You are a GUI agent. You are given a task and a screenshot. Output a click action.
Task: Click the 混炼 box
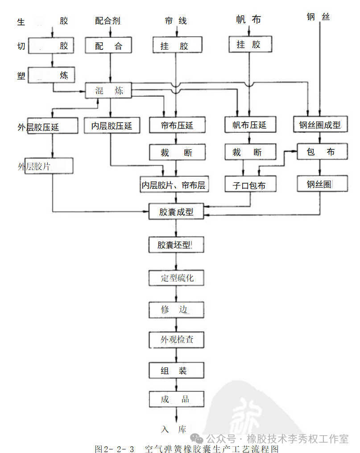tap(109, 91)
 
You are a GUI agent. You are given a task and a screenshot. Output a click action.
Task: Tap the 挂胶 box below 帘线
tap(177, 45)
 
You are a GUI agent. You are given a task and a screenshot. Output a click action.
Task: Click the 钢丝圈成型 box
tap(320, 125)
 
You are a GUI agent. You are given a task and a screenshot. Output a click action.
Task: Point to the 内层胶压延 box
tap(112, 125)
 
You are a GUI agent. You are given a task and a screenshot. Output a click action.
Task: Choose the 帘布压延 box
tap(177, 125)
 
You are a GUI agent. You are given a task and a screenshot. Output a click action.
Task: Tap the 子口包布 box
tap(249, 184)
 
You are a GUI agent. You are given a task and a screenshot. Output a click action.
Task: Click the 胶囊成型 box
tap(177, 211)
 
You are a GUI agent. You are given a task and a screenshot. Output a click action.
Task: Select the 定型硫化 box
tap(177, 278)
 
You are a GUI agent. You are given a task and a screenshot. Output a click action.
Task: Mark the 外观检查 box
tap(177, 340)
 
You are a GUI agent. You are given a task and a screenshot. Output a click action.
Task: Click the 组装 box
tap(177, 371)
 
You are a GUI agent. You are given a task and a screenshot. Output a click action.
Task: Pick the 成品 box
tap(177, 399)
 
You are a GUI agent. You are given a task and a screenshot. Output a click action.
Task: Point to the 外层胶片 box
tap(49, 166)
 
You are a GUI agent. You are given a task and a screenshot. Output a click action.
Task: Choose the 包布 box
tap(320, 152)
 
